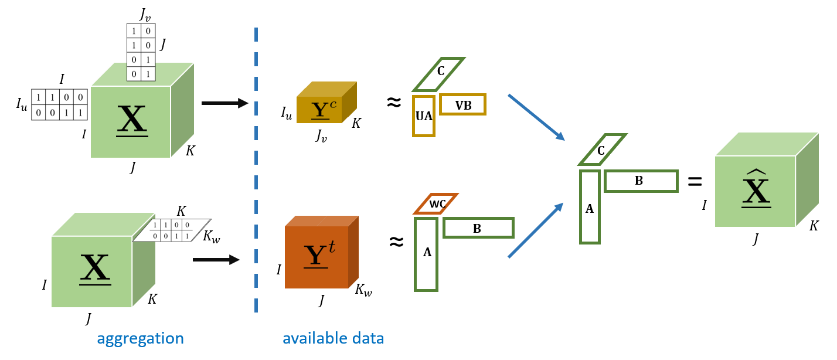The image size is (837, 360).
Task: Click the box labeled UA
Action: pyautogui.click(x=424, y=116)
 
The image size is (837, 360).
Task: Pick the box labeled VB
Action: pyautogui.click(x=463, y=105)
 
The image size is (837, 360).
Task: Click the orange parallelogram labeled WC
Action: pyautogui.click(x=437, y=204)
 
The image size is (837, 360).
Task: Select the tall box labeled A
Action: pyautogui.click(x=426, y=253)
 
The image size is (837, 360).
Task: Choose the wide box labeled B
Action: pyautogui.click(x=478, y=228)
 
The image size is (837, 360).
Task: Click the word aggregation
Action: pyautogui.click(x=140, y=338)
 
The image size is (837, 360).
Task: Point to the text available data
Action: pyautogui.click(x=333, y=338)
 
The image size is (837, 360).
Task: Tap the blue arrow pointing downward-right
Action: pyautogui.click(x=536, y=117)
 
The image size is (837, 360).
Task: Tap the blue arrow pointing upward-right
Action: pyautogui.click(x=535, y=230)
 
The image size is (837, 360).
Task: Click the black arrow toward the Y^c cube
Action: pyautogui.click(x=224, y=103)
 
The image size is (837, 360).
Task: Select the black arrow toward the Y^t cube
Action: pyautogui.click(x=216, y=260)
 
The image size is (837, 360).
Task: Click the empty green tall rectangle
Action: pyautogui.click(x=590, y=206)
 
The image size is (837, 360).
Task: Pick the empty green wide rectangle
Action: pyautogui.click(x=641, y=181)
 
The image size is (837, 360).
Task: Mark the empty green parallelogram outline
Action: pyautogui.click(x=603, y=150)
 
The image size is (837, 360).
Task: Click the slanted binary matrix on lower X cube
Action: pyautogui.click(x=171, y=230)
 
